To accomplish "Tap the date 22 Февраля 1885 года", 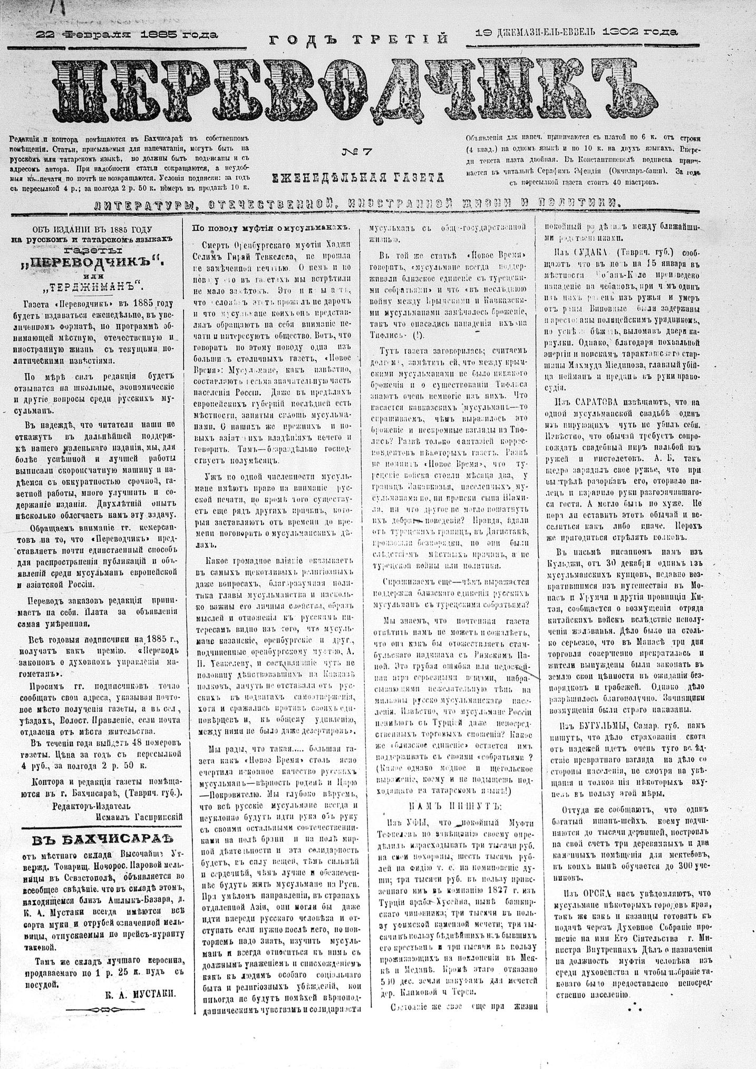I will click(x=127, y=35).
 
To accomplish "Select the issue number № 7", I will click(x=357, y=152).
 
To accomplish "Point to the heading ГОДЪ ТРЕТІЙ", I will click(x=358, y=40).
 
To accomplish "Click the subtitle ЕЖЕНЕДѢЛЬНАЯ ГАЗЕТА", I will click(x=358, y=177).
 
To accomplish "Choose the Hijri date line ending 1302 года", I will click(x=576, y=33).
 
